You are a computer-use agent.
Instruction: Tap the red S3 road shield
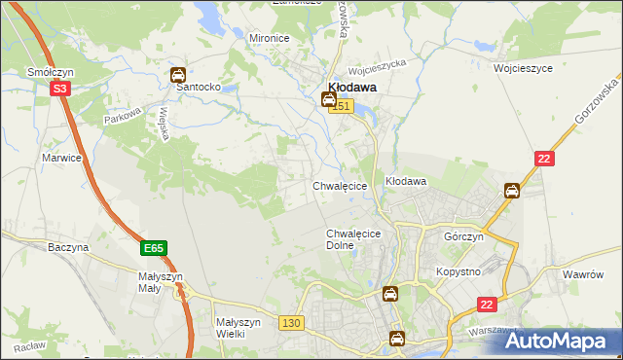coord(60,89)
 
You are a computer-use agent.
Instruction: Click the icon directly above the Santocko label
coord(178,74)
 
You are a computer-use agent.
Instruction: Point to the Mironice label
coord(270,38)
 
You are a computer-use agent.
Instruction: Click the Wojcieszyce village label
coord(523,69)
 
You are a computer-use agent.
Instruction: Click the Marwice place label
coord(60,157)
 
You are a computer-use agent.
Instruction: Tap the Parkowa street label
coord(124,114)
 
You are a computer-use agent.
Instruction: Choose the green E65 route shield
coord(152,249)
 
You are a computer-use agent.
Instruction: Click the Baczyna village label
coord(68,248)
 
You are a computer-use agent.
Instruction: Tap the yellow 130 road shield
coord(289,322)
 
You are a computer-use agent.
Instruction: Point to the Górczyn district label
coord(463,237)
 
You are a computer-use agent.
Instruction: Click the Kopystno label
coord(458,271)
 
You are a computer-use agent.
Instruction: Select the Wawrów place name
coord(583,274)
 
